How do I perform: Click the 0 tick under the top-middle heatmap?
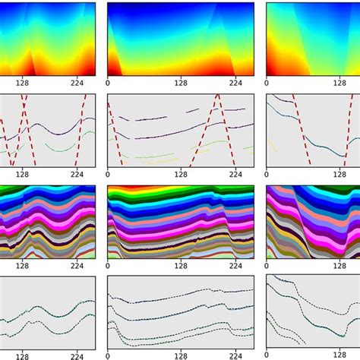pyautogui.click(x=107, y=83)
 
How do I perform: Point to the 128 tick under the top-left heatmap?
pyautogui.click(x=22, y=83)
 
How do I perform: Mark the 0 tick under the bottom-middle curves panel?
pyautogui.click(x=107, y=355)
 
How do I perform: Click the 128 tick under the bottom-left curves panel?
pyautogui.click(x=22, y=355)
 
